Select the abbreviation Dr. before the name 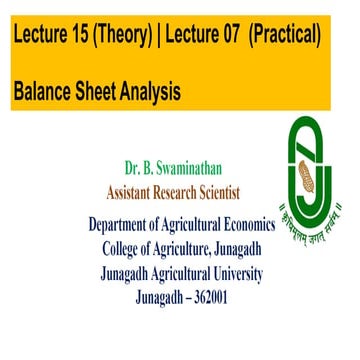pyautogui.click(x=135, y=169)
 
